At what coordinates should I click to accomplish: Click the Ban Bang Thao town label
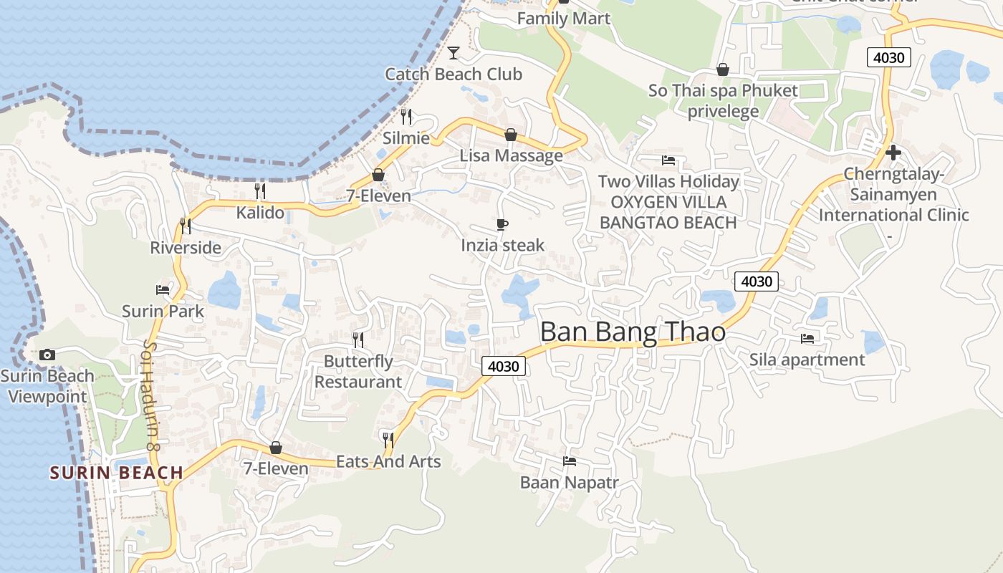633,332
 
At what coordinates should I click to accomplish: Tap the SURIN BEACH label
116,473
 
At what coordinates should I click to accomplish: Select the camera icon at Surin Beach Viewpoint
47,355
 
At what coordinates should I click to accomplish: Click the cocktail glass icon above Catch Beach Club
453,52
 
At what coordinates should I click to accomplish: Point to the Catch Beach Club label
453,74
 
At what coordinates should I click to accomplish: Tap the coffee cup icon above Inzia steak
502,225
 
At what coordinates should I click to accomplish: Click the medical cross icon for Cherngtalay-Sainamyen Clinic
893,152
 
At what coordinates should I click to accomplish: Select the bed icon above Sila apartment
807,338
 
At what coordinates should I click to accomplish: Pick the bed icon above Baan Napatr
570,461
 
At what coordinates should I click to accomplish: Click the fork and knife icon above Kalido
260,191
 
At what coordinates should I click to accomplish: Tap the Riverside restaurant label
186,248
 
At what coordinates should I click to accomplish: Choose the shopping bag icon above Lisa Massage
511,135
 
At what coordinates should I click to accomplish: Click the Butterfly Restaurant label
358,371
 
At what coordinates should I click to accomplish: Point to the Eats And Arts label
388,462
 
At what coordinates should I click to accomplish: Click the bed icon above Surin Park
163,290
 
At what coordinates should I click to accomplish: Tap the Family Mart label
564,19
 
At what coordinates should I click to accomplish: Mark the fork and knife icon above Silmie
406,116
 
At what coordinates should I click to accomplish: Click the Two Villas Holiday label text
668,181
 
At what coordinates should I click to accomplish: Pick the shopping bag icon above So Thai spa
723,69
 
